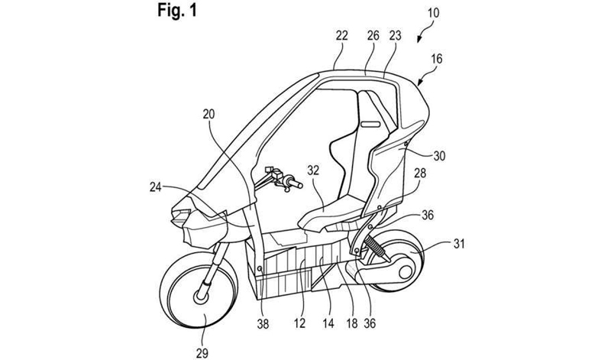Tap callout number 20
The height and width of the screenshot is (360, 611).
click(209, 115)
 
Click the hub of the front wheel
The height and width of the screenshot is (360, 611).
click(205, 293)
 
